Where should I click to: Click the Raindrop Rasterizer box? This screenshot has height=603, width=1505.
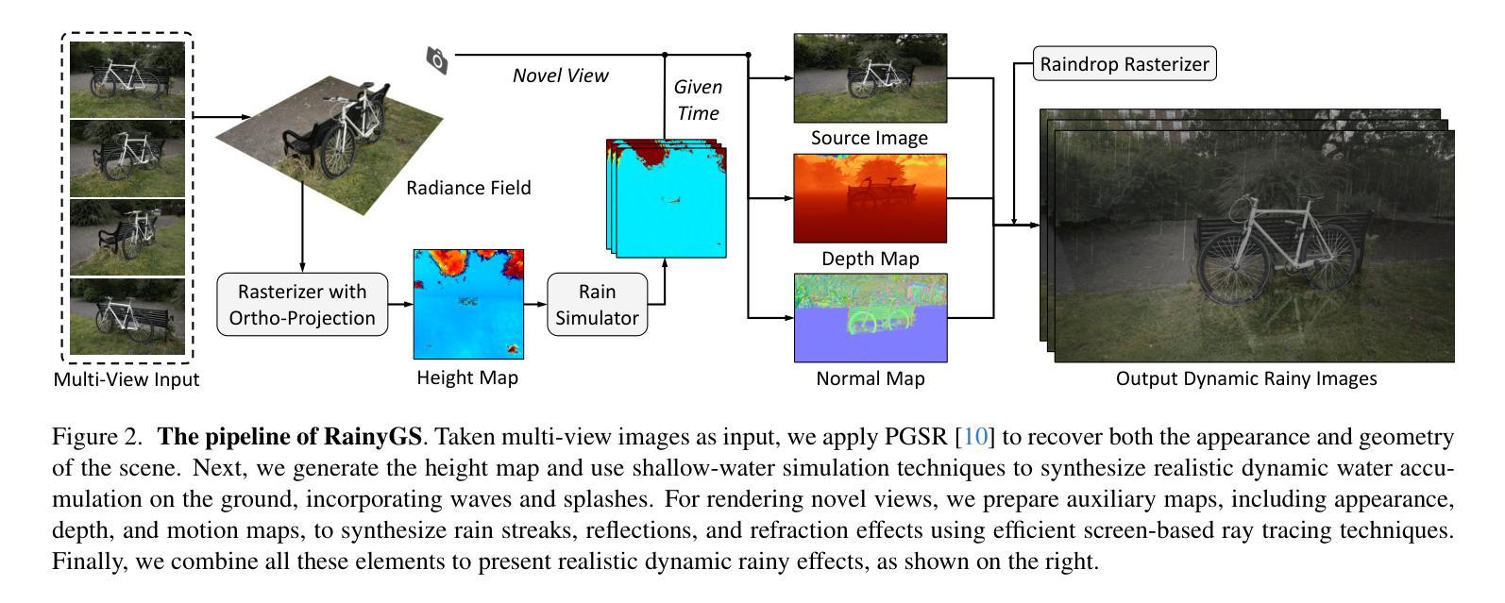pyautogui.click(x=1124, y=64)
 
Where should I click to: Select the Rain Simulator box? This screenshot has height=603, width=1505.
pyautogui.click(x=597, y=305)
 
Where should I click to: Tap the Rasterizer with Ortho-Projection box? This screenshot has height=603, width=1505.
pyautogui.click(x=302, y=305)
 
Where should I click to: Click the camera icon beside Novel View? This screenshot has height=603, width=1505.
pyautogui.click(x=437, y=60)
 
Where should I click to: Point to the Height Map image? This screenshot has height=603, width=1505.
pyautogui.click(x=468, y=305)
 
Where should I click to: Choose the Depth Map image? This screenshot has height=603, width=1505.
pyautogui.click(x=870, y=198)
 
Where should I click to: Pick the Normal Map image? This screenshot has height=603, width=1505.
pyautogui.click(x=870, y=318)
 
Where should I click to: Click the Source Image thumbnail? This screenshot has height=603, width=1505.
pyautogui.click(x=870, y=77)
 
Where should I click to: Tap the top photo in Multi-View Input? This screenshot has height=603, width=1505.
pyautogui.click(x=127, y=78)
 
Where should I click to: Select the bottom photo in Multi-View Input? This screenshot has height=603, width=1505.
pyautogui.click(x=127, y=315)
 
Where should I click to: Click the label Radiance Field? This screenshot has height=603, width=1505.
pyautogui.click(x=468, y=188)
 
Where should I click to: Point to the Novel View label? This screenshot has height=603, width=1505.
pyautogui.click(x=560, y=75)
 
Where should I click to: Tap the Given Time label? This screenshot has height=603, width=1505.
pyautogui.click(x=698, y=100)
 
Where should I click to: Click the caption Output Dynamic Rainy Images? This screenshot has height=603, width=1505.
pyautogui.click(x=1246, y=378)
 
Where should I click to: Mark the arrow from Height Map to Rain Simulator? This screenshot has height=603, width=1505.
pyautogui.click(x=535, y=304)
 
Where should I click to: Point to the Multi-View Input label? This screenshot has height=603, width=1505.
pyautogui.click(x=127, y=379)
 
